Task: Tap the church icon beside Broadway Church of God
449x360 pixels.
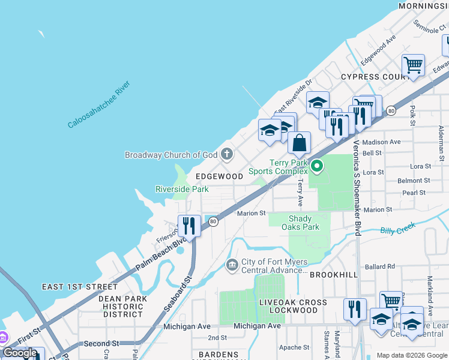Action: pos(227,155)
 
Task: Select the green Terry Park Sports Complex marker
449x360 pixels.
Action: pos(317,164)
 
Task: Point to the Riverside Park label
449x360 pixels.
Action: pos(182,189)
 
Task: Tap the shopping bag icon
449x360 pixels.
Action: pos(299,144)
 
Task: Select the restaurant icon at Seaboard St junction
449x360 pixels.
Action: pos(188,226)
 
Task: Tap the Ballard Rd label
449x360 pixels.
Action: pos(381,266)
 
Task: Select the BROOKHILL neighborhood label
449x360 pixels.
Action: pos(334,275)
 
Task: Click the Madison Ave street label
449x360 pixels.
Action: pos(381,142)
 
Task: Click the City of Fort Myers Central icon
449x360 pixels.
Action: pos(232,265)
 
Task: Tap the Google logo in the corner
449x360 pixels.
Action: pos(20,353)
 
